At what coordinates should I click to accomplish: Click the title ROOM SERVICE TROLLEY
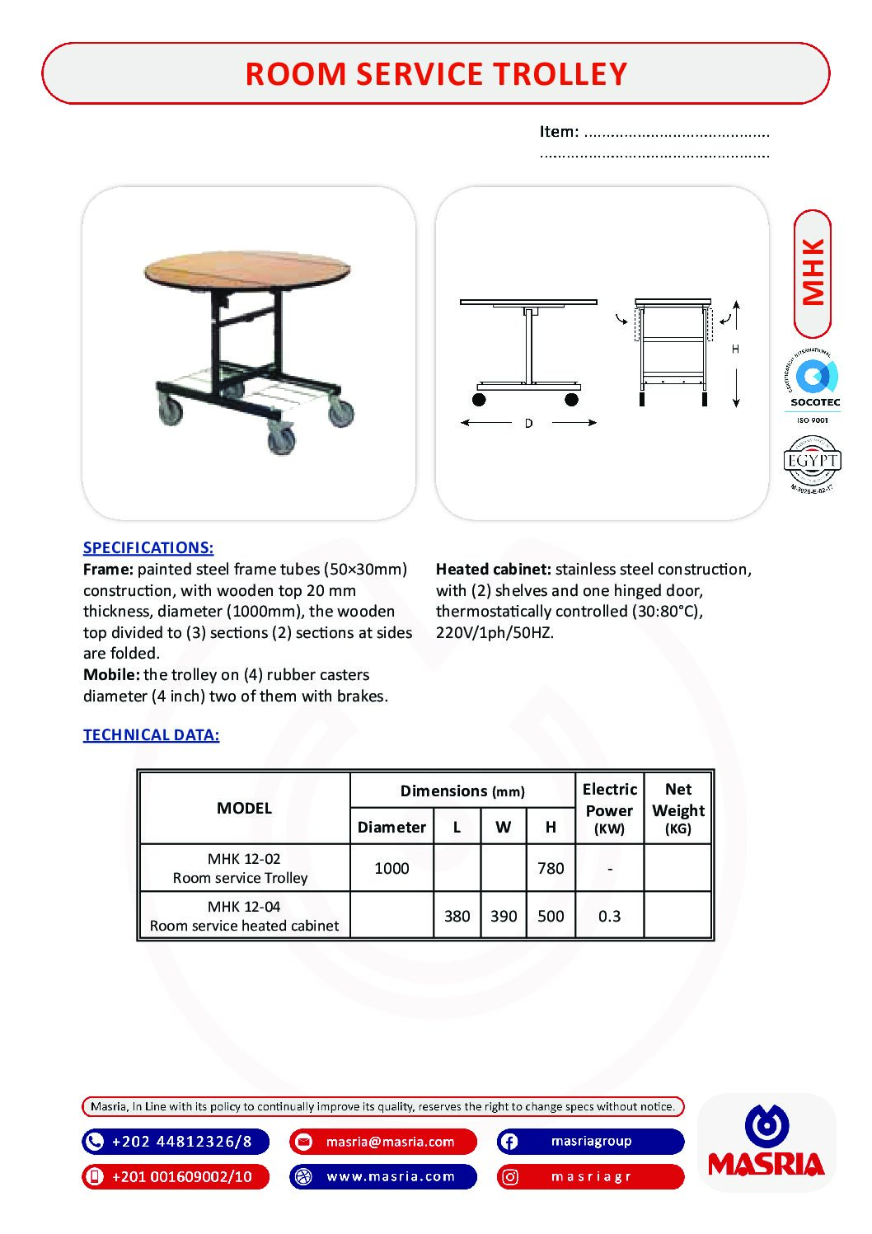click(436, 74)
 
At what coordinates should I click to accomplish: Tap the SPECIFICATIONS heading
click(148, 547)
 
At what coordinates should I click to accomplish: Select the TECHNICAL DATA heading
click(151, 734)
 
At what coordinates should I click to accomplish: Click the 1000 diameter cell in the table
click(391, 868)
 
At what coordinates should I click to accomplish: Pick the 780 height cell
click(551, 868)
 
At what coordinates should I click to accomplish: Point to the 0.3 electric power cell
click(609, 916)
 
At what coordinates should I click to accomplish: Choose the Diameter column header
click(391, 827)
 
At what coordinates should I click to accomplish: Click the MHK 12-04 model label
click(244, 907)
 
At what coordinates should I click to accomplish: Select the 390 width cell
click(504, 916)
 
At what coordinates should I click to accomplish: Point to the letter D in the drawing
click(528, 423)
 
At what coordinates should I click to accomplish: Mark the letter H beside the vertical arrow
click(735, 350)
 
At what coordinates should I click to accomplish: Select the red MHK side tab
click(813, 273)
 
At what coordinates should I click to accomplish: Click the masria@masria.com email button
click(383, 1142)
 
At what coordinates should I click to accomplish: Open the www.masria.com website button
click(383, 1176)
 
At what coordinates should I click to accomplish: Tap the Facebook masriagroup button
click(590, 1142)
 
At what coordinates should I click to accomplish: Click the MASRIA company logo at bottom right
click(767, 1143)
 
